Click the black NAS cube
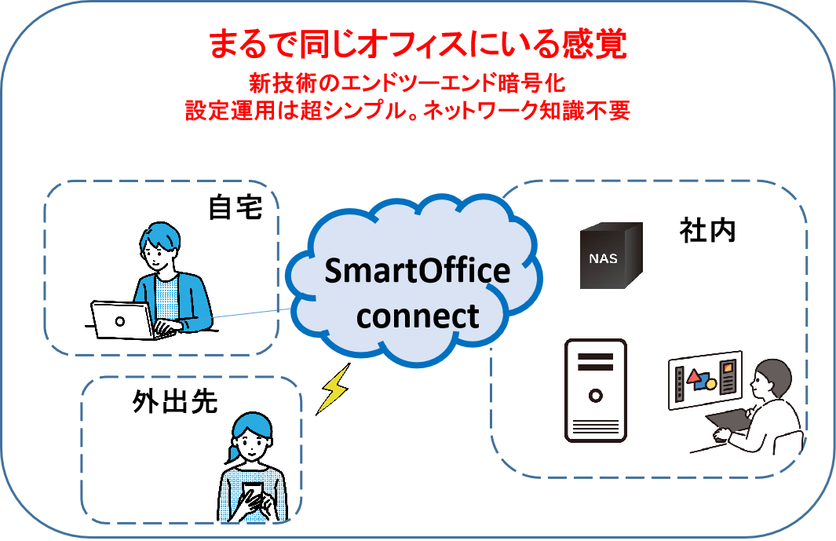coord(611,255)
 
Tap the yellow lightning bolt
coord(334,389)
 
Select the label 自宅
coord(235,207)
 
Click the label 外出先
coord(175,402)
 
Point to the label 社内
coord(707,231)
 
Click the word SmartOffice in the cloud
coord(418,270)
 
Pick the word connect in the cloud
coord(418,316)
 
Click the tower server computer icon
coord(596,390)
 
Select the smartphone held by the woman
coord(252,494)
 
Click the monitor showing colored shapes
coord(706,380)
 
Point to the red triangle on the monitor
coord(694,377)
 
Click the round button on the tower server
coord(596,396)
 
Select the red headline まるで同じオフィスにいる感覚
coord(418,44)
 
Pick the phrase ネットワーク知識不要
coord(526,111)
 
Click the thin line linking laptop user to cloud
coord(252,313)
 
